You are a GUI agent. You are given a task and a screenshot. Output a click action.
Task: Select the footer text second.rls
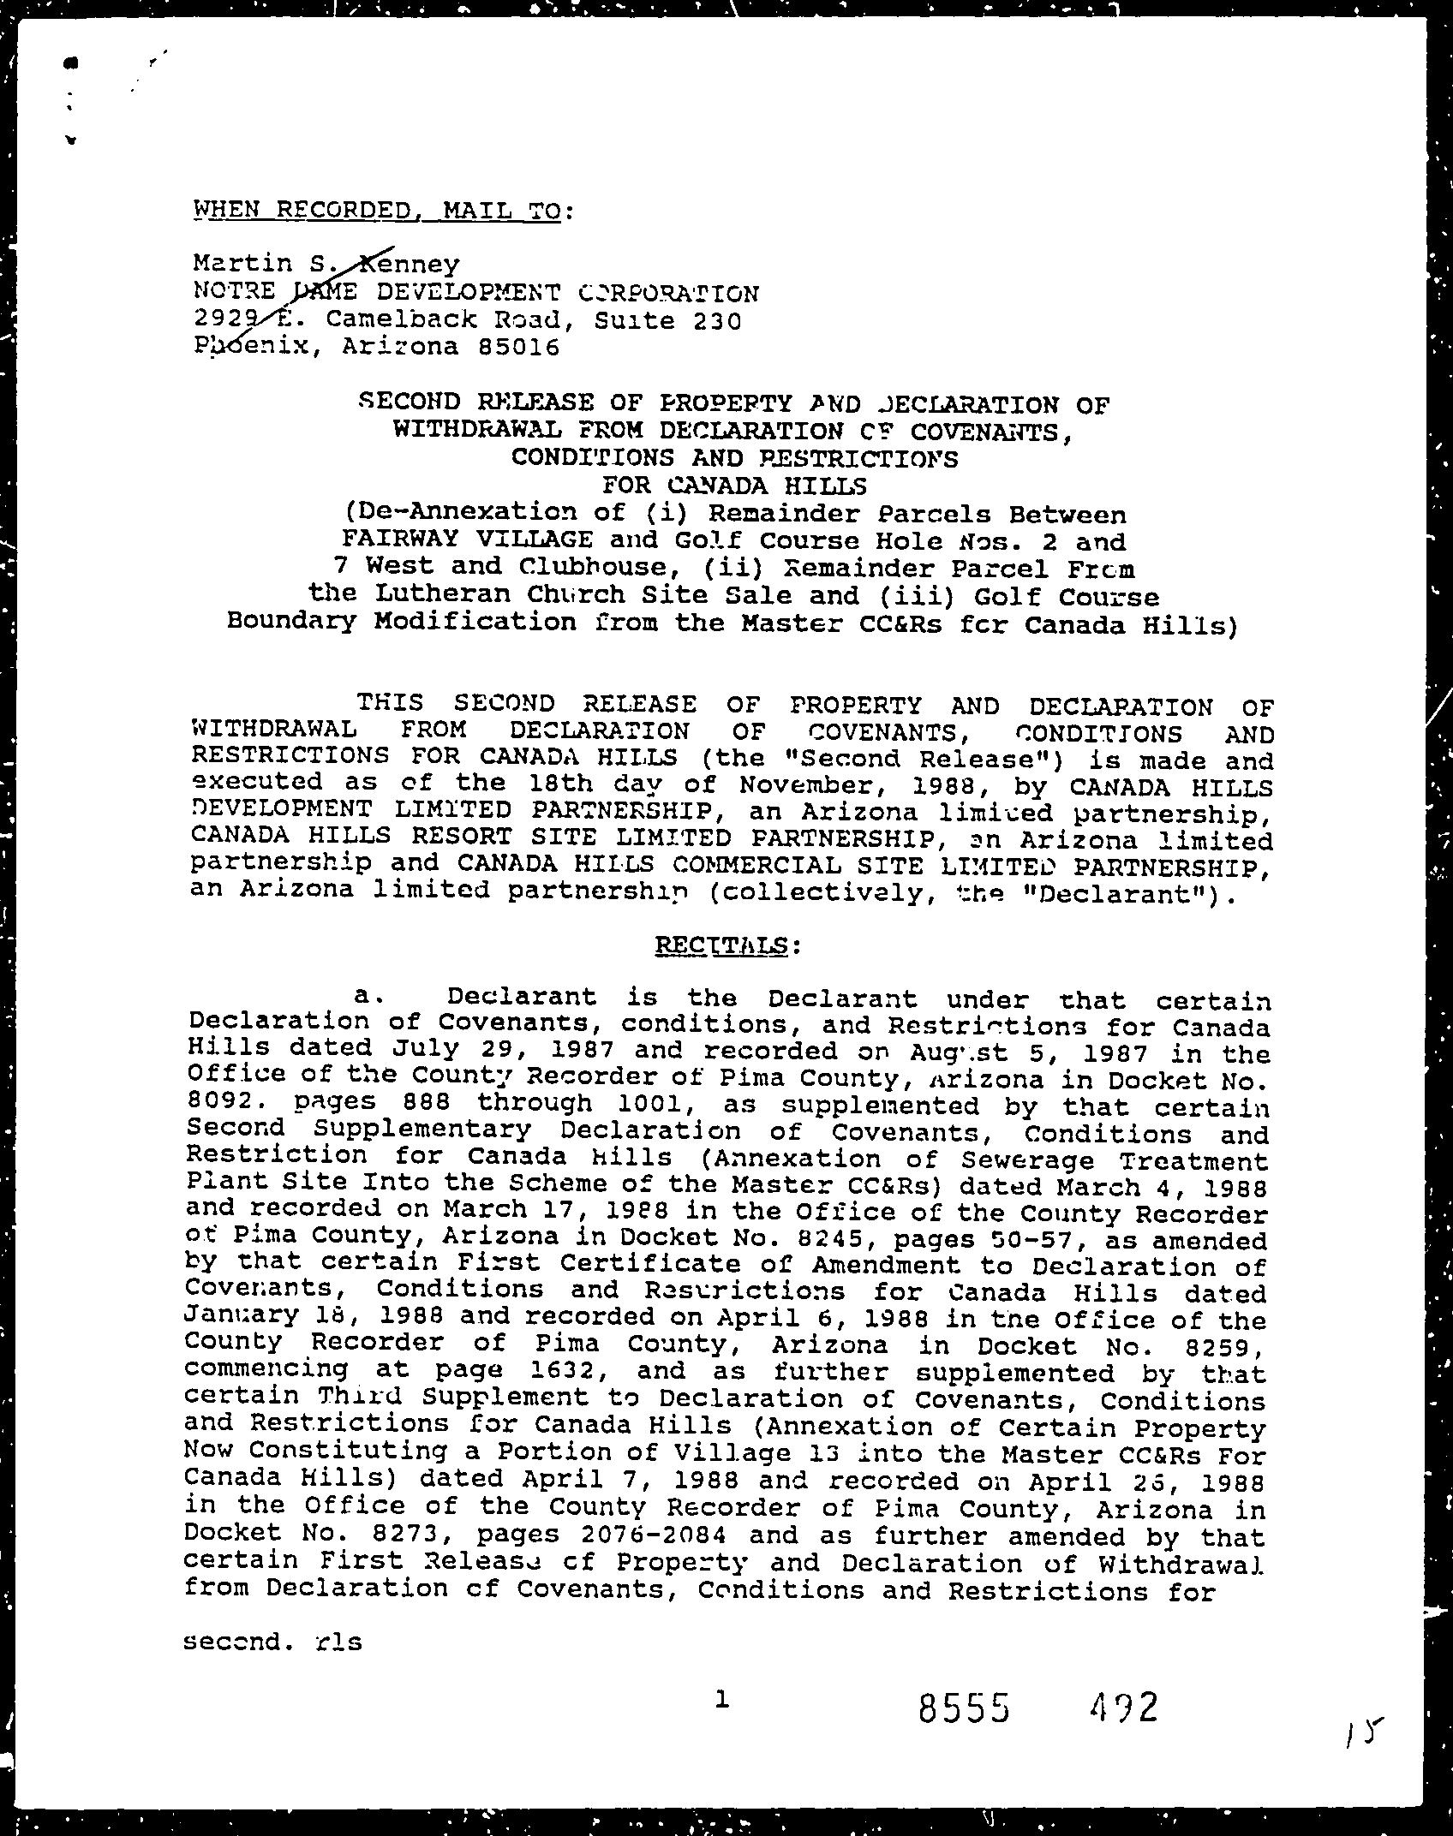click(x=272, y=1642)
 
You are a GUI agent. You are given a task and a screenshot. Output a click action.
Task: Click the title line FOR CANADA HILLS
click(x=734, y=486)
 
